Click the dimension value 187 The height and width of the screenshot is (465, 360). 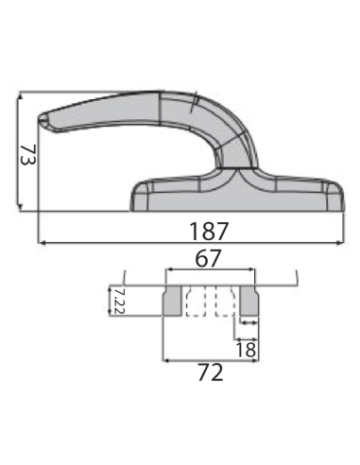click(x=208, y=231)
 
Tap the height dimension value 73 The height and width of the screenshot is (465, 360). click(x=28, y=155)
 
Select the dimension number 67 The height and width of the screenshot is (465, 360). click(x=208, y=258)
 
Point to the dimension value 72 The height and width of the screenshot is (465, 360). click(x=211, y=372)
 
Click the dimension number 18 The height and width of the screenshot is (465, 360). click(x=246, y=350)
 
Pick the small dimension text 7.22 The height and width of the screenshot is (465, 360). click(x=119, y=301)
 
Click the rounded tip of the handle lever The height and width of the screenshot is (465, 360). click(x=42, y=121)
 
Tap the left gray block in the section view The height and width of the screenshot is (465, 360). click(x=172, y=301)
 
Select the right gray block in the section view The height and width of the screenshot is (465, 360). click(x=249, y=301)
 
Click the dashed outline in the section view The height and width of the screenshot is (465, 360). click(x=211, y=301)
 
